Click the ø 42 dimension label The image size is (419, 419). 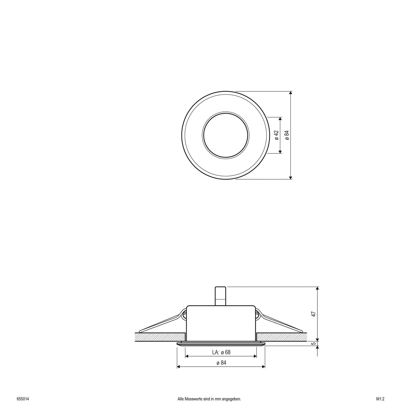(277, 135)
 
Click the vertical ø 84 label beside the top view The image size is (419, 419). (287, 135)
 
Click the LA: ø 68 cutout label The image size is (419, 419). (221, 352)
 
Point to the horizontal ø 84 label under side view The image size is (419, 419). (221, 363)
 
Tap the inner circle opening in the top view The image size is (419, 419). (225, 135)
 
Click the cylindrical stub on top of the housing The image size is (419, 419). (220, 296)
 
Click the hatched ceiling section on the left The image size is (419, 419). (160, 337)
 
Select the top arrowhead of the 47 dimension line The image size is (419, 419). (318, 289)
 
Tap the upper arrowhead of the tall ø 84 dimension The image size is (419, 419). (290, 93)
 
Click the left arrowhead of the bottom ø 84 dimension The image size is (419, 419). (179, 367)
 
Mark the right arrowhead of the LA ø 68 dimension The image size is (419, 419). (255, 356)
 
